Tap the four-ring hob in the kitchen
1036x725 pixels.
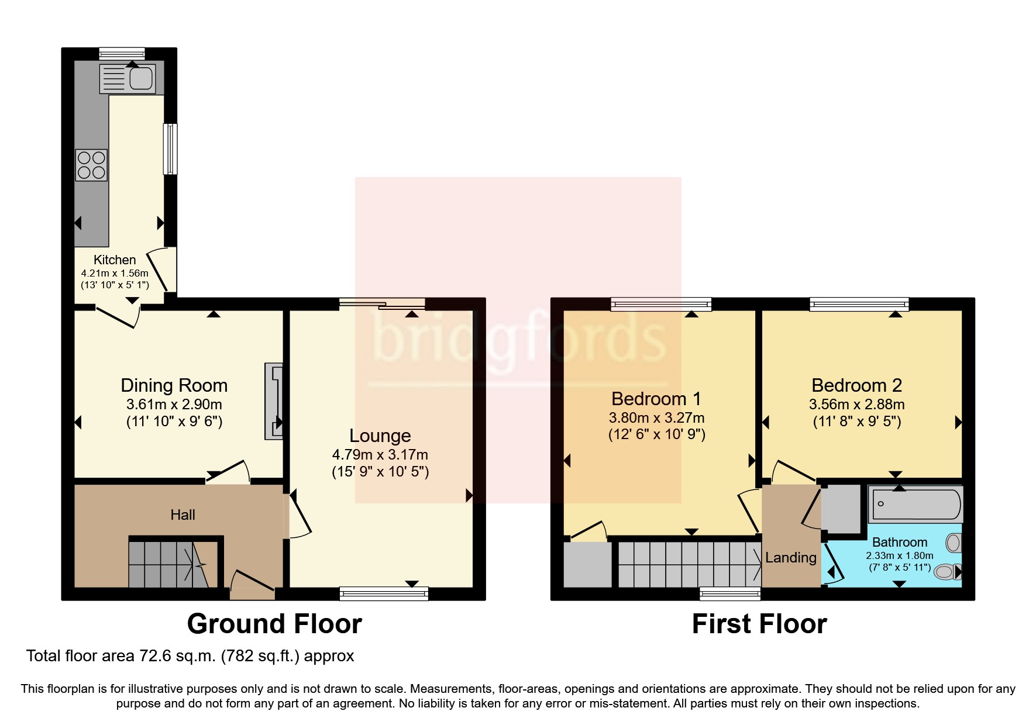[91, 165]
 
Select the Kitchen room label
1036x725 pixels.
[115, 260]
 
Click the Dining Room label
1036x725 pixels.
[174, 385]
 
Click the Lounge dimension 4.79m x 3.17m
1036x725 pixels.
[380, 454]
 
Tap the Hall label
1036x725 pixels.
[183, 515]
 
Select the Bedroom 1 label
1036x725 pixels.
[656, 399]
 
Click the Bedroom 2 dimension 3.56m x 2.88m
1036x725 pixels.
[856, 404]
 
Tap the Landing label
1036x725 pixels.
[790, 557]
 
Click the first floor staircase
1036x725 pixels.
[689, 564]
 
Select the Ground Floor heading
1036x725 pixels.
[274, 624]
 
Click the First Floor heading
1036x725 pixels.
[759, 624]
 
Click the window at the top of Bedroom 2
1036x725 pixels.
[859, 304]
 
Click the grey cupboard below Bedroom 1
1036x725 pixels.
[587, 564]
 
